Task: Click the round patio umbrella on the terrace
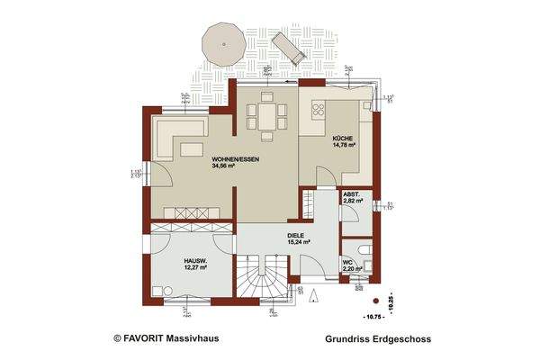tap(221, 40)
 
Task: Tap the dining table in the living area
tap(266, 116)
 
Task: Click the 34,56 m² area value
tap(224, 166)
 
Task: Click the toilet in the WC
tap(361, 249)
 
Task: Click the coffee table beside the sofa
tap(193, 148)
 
